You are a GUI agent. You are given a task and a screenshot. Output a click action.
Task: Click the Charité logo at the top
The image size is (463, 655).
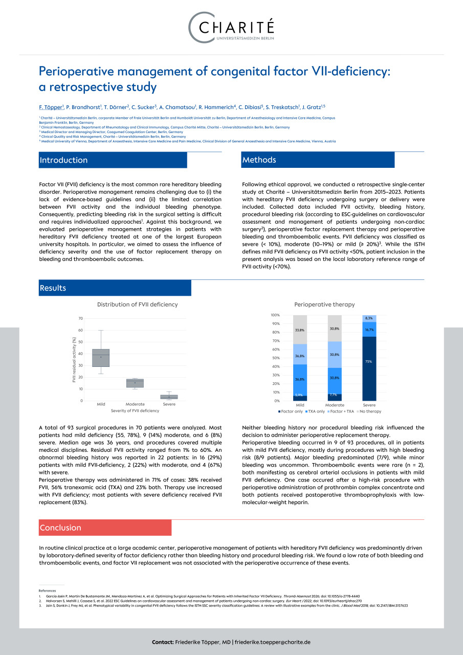point(231,26)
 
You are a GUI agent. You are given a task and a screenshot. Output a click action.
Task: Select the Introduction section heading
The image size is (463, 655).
point(63,160)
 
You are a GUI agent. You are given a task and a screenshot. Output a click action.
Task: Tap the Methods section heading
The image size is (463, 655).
point(259,160)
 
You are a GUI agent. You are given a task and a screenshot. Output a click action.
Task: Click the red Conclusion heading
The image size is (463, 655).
point(60,528)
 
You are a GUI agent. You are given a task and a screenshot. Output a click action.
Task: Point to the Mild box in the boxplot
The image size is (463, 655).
point(101,358)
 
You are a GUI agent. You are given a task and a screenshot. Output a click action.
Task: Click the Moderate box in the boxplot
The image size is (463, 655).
point(135,383)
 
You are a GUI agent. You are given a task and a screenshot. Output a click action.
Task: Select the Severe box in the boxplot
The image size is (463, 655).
point(169,397)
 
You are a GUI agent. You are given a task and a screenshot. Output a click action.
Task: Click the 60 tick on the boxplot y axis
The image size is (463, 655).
point(80,331)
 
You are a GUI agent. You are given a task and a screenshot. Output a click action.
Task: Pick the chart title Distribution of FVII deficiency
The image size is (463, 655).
point(138,304)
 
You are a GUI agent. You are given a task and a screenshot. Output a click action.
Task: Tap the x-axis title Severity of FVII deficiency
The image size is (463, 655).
point(135,411)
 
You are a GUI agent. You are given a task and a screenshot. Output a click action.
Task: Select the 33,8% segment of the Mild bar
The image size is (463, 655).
point(300,330)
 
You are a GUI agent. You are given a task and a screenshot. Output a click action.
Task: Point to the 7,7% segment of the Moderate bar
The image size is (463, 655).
point(335,397)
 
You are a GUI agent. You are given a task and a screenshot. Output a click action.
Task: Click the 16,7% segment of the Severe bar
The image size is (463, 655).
point(369,330)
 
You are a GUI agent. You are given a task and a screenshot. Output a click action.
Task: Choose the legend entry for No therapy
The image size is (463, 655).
point(369,411)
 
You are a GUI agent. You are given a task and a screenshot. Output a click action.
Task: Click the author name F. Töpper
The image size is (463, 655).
point(51,107)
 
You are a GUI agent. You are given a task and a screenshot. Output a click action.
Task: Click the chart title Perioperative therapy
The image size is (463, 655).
point(324,304)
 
